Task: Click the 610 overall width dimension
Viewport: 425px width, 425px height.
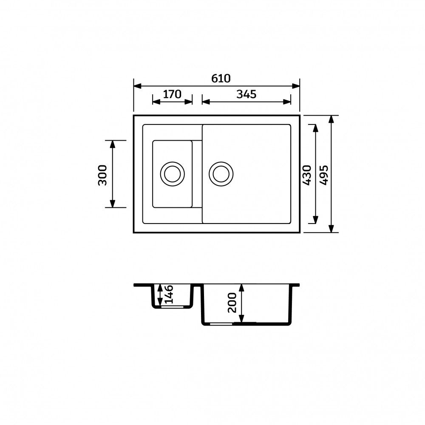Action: [x=221, y=78]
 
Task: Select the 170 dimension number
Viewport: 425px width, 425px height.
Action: [x=172, y=94]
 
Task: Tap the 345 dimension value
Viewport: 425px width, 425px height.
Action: [x=246, y=94]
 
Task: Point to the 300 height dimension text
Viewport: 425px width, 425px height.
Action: [x=102, y=175]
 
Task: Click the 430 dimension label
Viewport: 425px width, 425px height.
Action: [x=307, y=175]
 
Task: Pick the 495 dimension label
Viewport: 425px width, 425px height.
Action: [x=323, y=175]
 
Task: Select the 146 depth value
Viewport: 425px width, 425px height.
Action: [x=169, y=295]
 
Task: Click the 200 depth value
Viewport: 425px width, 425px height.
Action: [x=232, y=303]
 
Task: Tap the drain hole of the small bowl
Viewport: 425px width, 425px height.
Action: [x=173, y=174]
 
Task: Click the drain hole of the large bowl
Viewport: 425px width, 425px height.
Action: [x=221, y=174]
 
